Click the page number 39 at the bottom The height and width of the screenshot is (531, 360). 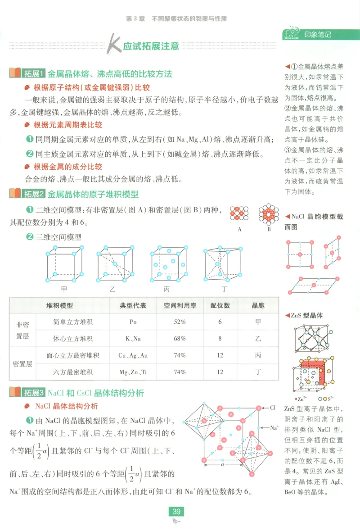(176, 511)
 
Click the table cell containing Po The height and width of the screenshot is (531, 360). (133, 322)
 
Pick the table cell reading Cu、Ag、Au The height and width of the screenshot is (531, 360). (133, 355)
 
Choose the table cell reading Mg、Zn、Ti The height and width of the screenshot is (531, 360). (133, 372)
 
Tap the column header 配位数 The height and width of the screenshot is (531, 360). (220, 305)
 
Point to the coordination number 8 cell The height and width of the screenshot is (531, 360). (220, 339)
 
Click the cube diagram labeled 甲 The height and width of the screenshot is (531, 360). (64, 263)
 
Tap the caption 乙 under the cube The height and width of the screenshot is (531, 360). (112, 289)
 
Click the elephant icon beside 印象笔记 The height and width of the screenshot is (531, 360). (292, 34)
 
